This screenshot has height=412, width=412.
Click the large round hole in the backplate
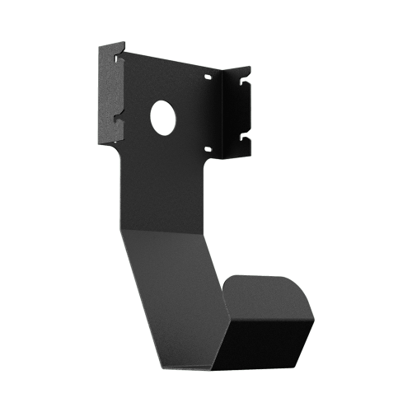tap(164, 117)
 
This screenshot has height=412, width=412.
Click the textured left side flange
tap(110, 91)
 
